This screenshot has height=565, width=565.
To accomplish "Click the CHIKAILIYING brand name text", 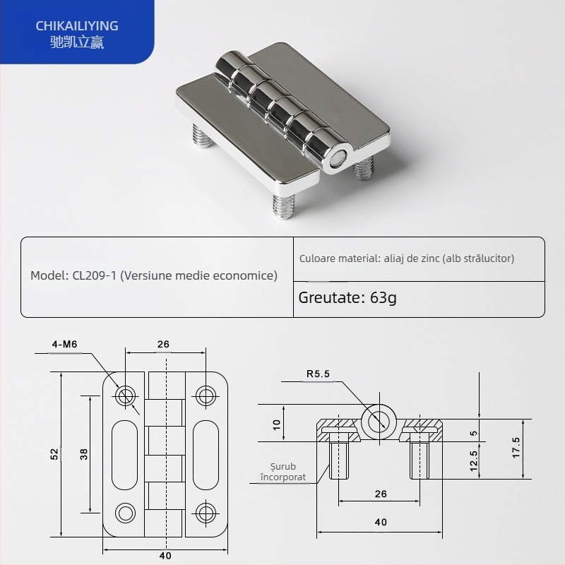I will pyautogui.click(x=77, y=26).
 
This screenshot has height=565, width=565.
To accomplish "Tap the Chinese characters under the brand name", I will pyautogui.click(x=77, y=43).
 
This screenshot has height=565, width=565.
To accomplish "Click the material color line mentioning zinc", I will pyautogui.click(x=406, y=258).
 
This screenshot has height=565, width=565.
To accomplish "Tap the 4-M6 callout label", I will pyautogui.click(x=64, y=345).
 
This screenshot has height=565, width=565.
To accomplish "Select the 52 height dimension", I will pyautogui.click(x=54, y=455).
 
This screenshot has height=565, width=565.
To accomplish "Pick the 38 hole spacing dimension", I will pyautogui.click(x=84, y=455).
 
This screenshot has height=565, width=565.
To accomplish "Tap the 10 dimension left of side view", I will pyautogui.click(x=277, y=424).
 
